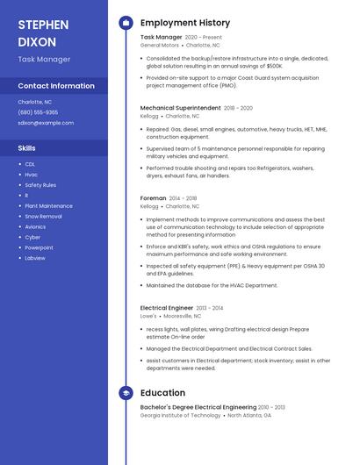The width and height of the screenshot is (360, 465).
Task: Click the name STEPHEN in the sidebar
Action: point(40,24)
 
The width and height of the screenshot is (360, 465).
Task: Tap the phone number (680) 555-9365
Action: point(38,112)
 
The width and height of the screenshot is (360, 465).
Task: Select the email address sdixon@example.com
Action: point(46,123)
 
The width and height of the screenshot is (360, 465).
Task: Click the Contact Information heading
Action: point(56,86)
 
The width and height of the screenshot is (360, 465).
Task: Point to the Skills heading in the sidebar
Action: point(27,148)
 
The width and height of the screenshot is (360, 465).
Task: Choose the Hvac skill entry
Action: point(31,175)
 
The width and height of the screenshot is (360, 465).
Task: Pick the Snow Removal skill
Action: point(43,216)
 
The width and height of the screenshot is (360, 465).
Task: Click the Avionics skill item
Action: point(35,226)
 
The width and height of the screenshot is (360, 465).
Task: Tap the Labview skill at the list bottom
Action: point(35,258)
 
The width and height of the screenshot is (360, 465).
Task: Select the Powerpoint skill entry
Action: point(39,247)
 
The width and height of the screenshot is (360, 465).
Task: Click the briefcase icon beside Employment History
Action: point(126,23)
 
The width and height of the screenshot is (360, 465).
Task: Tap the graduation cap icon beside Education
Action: point(126,393)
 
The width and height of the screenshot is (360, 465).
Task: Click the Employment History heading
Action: point(185,23)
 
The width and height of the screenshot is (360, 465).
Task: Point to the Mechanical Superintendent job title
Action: point(180,108)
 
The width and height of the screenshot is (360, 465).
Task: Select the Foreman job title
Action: point(153,198)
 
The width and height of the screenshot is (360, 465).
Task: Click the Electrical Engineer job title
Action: point(166,308)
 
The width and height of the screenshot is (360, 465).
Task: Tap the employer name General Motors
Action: point(159,45)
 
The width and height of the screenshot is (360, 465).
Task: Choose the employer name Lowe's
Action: point(149,315)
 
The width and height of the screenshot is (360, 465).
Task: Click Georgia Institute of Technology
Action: point(181,415)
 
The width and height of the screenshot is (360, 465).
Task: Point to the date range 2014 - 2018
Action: point(183,198)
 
